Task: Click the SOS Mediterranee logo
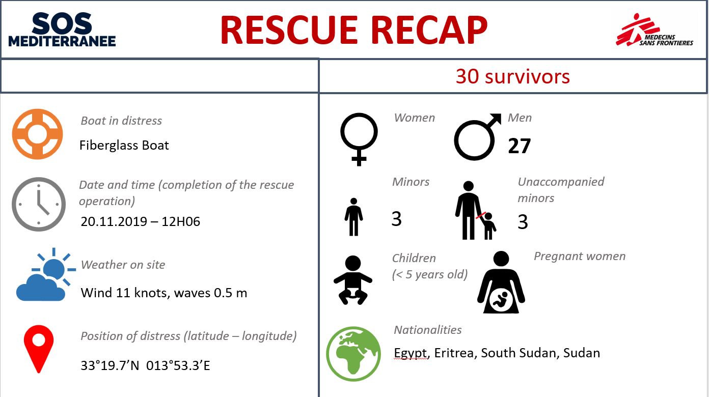click(62, 30)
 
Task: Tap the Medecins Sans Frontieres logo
click(654, 30)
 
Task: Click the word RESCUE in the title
click(289, 30)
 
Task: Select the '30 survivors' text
click(513, 76)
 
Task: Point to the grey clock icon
click(39, 204)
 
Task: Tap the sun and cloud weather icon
click(46, 274)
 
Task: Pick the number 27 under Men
click(520, 146)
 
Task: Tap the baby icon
click(353, 280)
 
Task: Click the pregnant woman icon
click(501, 282)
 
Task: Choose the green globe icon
click(353, 354)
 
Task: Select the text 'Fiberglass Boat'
click(124, 146)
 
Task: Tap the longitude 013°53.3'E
click(178, 365)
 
